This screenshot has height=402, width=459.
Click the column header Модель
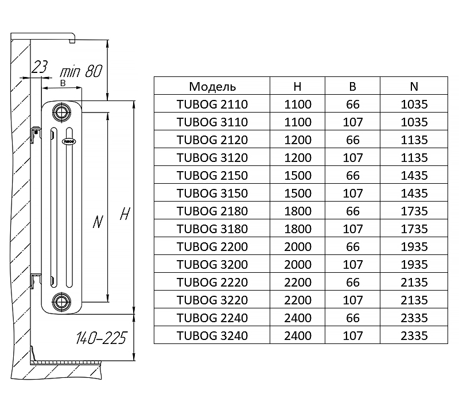pos(212,87)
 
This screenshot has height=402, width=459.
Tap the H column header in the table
pos(297,87)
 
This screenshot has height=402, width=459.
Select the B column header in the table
pos(353,87)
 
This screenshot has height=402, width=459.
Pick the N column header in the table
pos(414,87)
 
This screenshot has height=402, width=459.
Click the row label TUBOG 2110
pos(212,105)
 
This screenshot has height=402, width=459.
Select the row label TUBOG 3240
pos(212,335)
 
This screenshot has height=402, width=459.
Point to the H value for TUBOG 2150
pos(297,176)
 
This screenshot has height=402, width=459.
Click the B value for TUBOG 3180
pos(353,229)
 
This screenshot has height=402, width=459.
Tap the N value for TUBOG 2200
pos(414,247)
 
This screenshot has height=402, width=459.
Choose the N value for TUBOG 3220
pos(414,300)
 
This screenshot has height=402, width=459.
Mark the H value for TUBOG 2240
pos(297,318)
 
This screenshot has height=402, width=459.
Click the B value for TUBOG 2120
pos(353,140)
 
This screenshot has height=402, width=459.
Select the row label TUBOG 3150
pos(212,194)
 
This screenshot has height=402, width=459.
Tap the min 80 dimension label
pos(81,71)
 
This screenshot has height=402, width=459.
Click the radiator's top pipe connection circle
pos(59,111)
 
